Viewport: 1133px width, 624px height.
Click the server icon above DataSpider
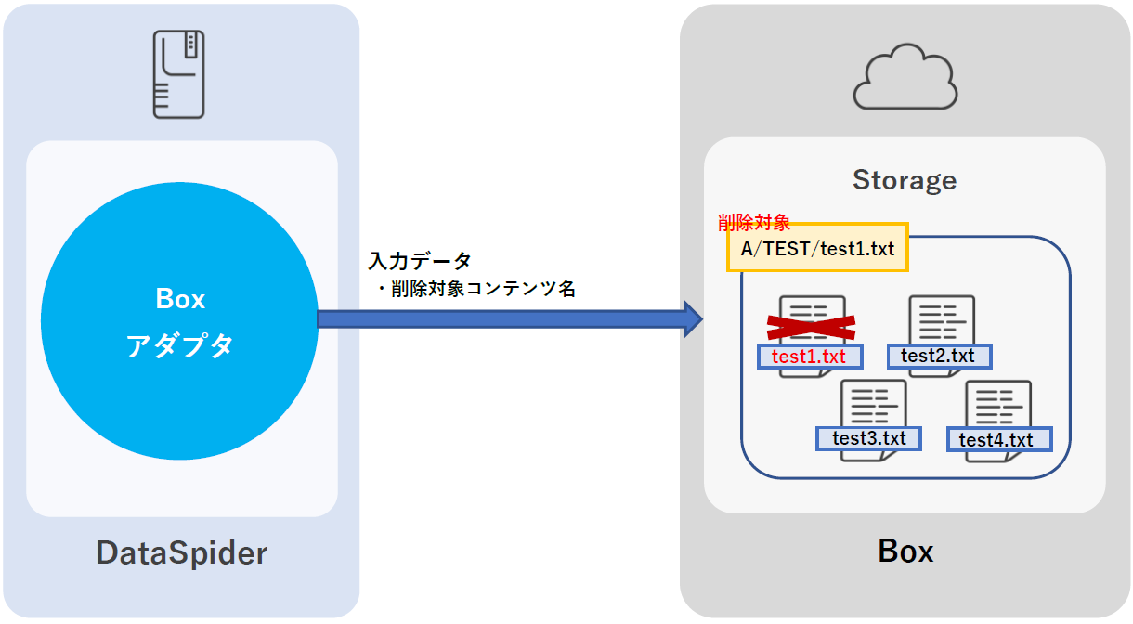tap(179, 74)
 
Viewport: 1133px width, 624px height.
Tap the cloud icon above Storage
tap(905, 80)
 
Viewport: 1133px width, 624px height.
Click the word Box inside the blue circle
tap(180, 299)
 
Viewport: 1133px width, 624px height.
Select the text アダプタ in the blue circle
tap(180, 345)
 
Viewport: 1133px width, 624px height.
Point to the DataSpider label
tap(181, 553)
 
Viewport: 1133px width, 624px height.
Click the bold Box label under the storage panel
tap(905, 552)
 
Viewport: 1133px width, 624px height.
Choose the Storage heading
tap(904, 180)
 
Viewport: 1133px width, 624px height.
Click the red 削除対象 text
tap(753, 223)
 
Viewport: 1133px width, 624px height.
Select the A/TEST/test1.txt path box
tap(816, 248)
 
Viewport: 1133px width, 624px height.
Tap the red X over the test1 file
tap(811, 325)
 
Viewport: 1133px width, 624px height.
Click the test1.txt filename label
tap(810, 357)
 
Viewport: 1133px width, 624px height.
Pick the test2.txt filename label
tap(938, 356)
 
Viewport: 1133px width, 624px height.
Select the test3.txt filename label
tap(868, 437)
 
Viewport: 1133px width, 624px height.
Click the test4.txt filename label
tap(998, 439)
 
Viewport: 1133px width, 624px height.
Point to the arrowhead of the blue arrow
tap(691, 318)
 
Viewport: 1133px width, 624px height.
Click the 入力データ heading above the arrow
tap(420, 261)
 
